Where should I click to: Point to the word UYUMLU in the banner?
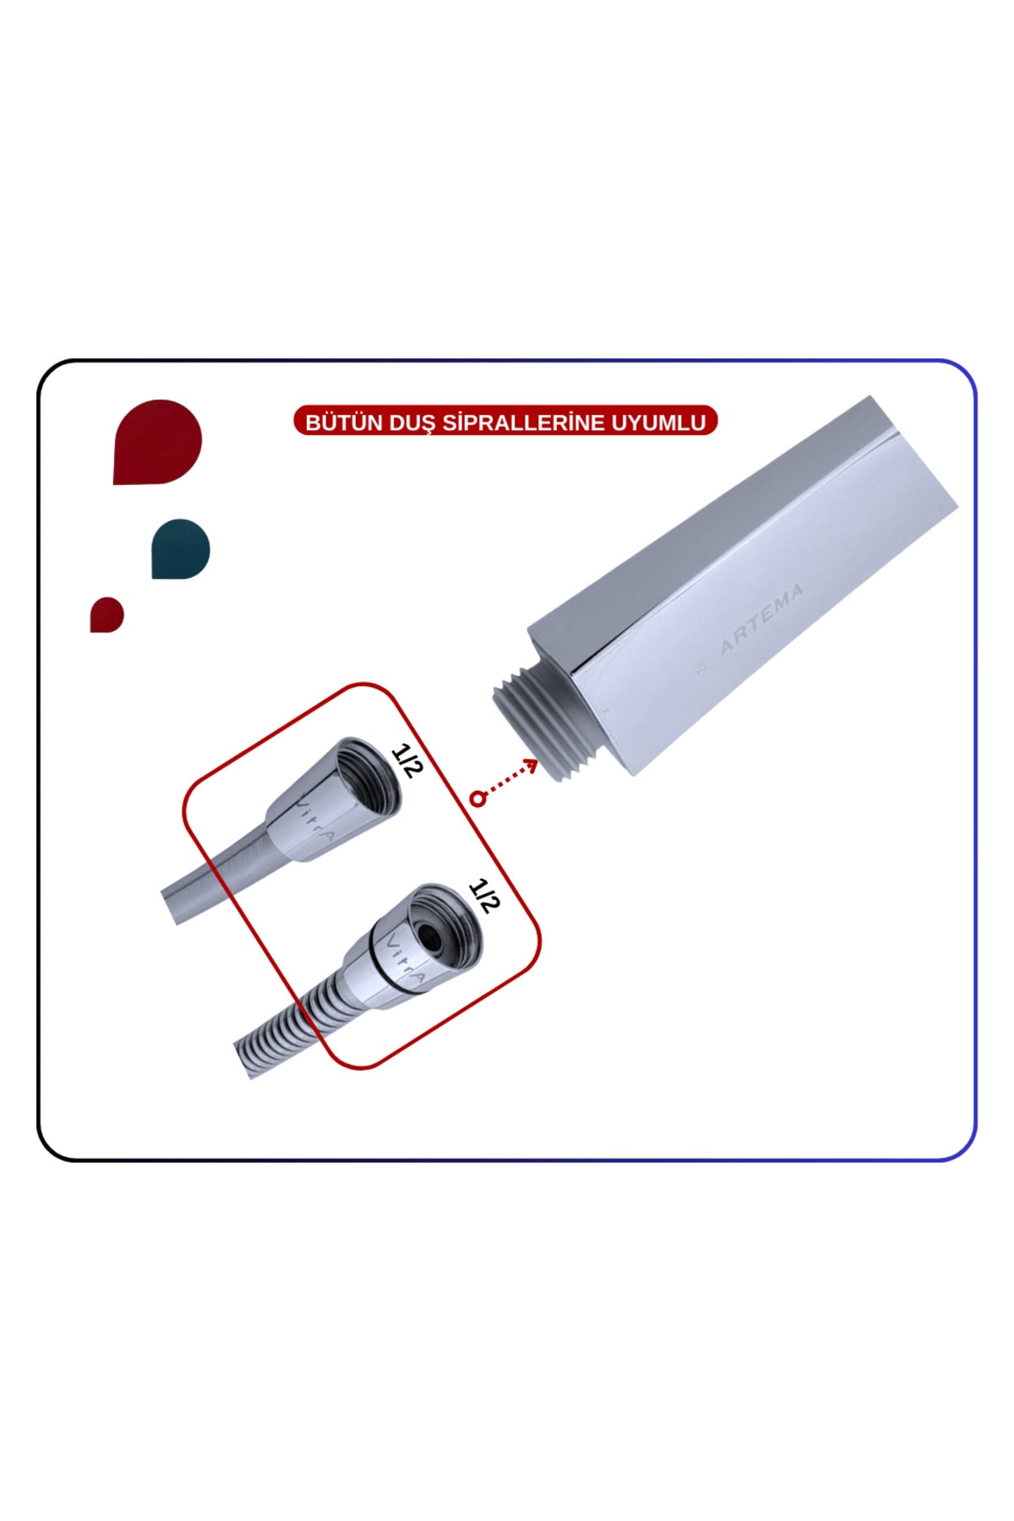[658, 422]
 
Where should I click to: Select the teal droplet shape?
[180, 549]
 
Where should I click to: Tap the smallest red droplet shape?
[106, 614]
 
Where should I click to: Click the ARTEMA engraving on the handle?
[760, 619]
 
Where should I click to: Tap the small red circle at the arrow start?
[478, 799]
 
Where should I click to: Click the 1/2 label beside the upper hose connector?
[406, 760]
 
